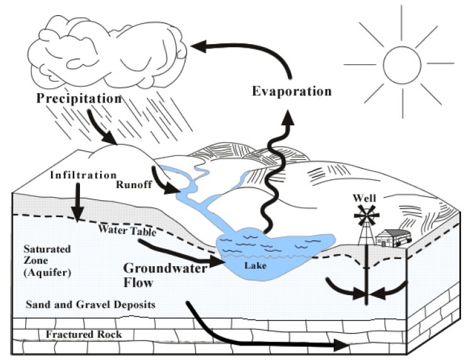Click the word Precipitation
tap(79, 98)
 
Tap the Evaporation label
tap(292, 91)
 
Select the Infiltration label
tap(83, 175)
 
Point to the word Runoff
tap(134, 184)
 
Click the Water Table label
tap(127, 230)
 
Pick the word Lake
tap(255, 266)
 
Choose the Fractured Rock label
tap(84, 334)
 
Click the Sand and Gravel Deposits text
tap(91, 305)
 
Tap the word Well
tap(365, 198)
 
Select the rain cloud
tap(108, 52)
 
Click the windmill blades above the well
tap(367, 215)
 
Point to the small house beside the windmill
tap(393, 238)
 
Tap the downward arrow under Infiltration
tap(78, 202)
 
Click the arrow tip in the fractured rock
tap(348, 346)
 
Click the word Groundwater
tap(165, 269)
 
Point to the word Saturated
tap(47, 249)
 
